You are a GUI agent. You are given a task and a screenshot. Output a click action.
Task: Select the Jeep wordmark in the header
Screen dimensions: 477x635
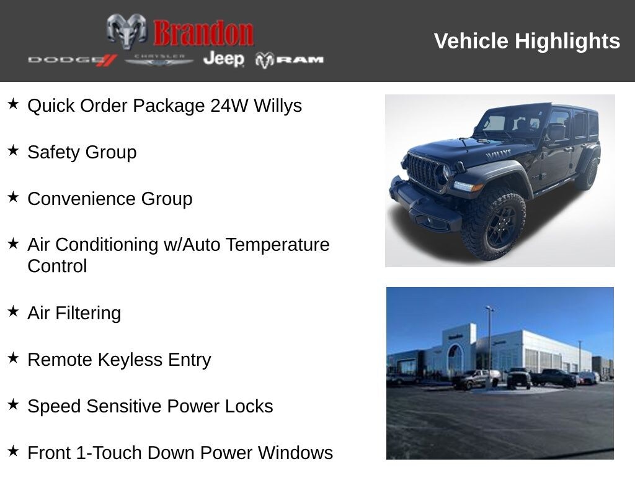point(223,59)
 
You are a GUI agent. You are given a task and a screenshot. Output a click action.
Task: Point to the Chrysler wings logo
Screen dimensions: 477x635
point(159,60)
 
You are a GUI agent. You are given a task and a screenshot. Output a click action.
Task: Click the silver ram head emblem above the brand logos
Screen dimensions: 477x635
point(127,31)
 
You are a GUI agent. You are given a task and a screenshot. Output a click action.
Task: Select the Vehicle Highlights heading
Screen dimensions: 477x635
point(526,41)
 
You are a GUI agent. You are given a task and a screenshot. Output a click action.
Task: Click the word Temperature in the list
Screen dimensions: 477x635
point(277,245)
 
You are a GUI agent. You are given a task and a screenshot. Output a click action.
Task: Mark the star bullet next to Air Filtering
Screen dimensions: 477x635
point(13,311)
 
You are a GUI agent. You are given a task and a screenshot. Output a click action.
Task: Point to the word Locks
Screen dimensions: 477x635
point(250,406)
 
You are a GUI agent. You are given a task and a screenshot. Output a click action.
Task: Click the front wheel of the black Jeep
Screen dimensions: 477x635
point(494,223)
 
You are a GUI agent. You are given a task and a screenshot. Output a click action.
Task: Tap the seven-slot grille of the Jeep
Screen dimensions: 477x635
point(424,170)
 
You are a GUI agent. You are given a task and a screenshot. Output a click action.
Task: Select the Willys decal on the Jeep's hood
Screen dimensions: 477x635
point(498,153)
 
